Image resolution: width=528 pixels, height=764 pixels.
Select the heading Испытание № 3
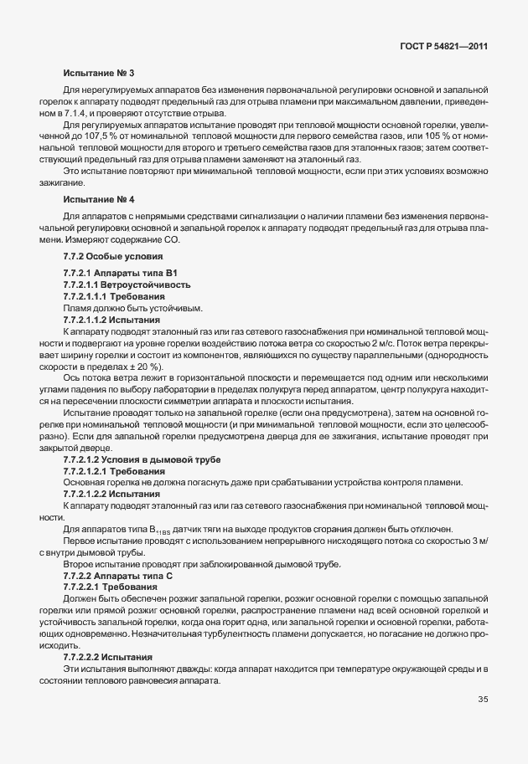click(x=98, y=74)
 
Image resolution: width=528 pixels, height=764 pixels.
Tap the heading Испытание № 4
click(x=98, y=200)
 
